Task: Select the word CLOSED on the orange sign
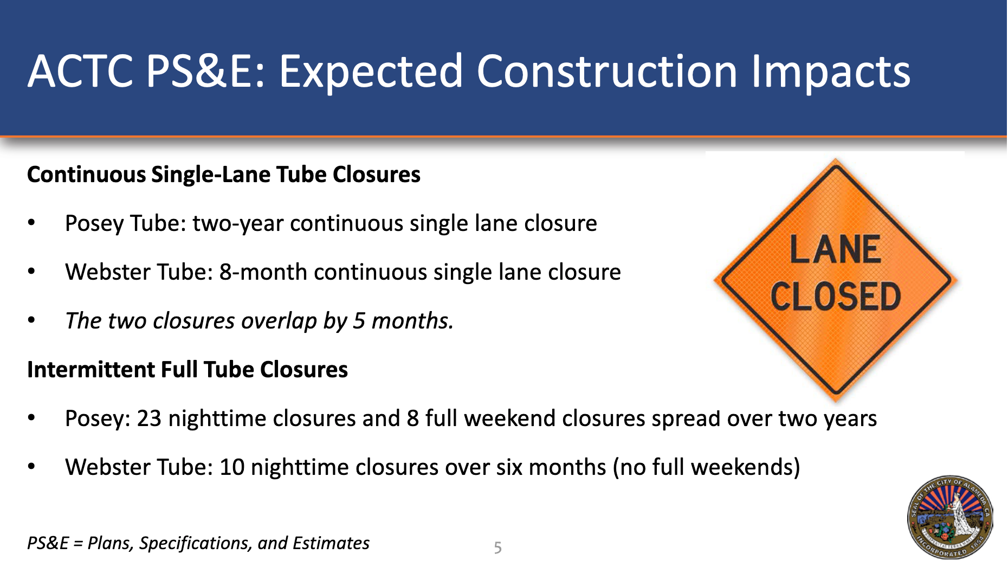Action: click(x=835, y=297)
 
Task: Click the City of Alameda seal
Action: click(x=950, y=518)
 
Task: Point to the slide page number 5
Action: click(x=497, y=547)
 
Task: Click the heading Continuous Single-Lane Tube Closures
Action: click(x=224, y=175)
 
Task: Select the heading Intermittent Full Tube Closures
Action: click(x=188, y=370)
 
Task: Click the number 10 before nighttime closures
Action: click(x=232, y=467)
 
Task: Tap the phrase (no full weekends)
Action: click(x=707, y=467)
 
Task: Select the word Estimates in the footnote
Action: click(x=331, y=543)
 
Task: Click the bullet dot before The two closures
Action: click(x=31, y=321)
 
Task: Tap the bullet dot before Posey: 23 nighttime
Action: click(x=31, y=418)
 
